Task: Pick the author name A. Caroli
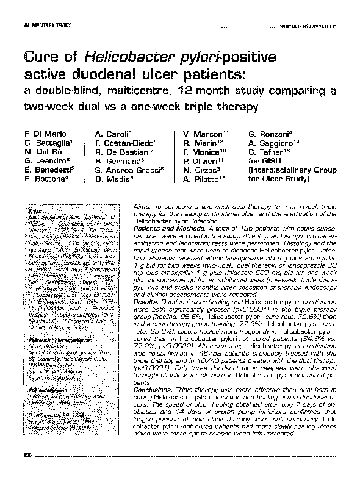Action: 112,133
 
